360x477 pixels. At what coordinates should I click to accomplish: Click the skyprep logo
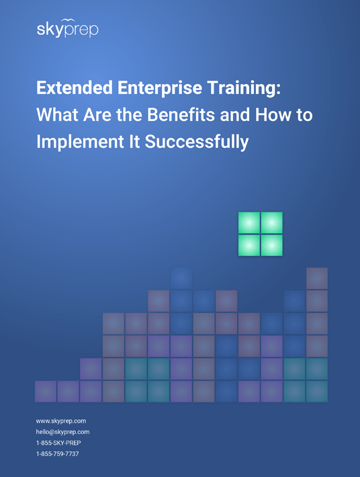pyautogui.click(x=67, y=28)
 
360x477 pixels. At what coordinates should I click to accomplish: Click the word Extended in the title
pyautogui.click(x=75, y=87)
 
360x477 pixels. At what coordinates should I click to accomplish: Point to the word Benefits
pyautogui.click(x=181, y=115)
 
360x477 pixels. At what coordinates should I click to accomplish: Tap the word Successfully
pyautogui.click(x=197, y=142)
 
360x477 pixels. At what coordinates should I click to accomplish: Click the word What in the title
pyautogui.click(x=58, y=115)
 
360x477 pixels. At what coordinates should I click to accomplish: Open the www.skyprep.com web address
pyautogui.click(x=61, y=421)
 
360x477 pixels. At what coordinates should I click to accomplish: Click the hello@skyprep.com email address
pyautogui.click(x=62, y=432)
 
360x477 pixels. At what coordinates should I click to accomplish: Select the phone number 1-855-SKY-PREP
pyautogui.click(x=58, y=443)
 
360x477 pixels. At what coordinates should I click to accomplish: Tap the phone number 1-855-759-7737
pyautogui.click(x=58, y=453)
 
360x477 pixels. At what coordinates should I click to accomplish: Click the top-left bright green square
pyautogui.click(x=249, y=222)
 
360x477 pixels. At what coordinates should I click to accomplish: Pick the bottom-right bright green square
pyautogui.click(x=272, y=245)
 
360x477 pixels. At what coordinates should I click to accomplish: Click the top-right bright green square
pyautogui.click(x=272, y=222)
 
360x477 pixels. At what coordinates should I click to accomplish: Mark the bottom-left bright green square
pyautogui.click(x=249, y=245)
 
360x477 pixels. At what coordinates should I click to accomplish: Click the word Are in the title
pyautogui.click(x=97, y=115)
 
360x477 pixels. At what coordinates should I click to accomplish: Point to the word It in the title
pyautogui.click(x=134, y=142)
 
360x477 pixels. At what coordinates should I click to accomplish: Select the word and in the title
pyautogui.click(x=234, y=115)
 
